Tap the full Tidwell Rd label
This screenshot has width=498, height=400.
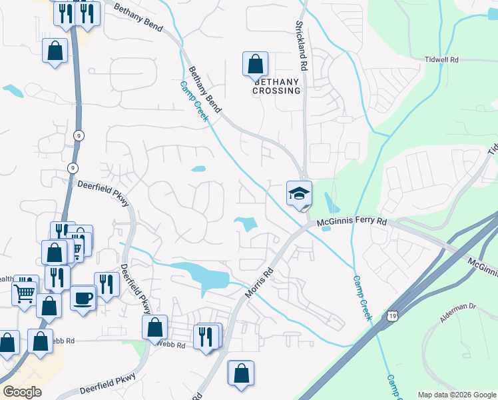tap(442, 59)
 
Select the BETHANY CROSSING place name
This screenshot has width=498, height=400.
tap(276, 85)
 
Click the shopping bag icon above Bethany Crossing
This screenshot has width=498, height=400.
tap(255, 65)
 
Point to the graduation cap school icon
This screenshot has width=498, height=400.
tap(299, 194)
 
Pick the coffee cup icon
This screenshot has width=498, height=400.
tap(83, 298)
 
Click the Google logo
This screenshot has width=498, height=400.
tap(21, 392)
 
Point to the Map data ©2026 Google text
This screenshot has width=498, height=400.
tap(457, 395)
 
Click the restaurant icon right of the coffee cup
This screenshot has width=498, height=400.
tap(107, 285)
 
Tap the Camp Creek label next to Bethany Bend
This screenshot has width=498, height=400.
tap(194, 101)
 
